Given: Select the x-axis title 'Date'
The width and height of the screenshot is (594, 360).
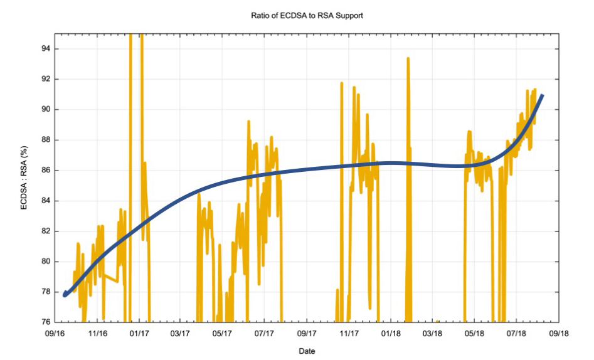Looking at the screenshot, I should [307, 351].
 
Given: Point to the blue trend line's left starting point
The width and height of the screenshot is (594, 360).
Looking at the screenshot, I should [65, 295].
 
